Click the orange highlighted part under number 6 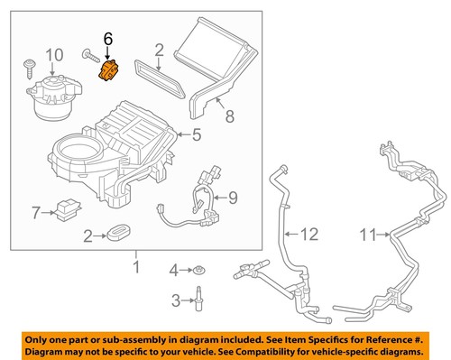pos(108,70)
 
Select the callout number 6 pos(108,39)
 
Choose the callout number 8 pos(229,115)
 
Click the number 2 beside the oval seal pos(87,236)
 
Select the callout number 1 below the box pos(136,267)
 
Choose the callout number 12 pos(309,235)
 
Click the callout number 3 pos(175,300)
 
